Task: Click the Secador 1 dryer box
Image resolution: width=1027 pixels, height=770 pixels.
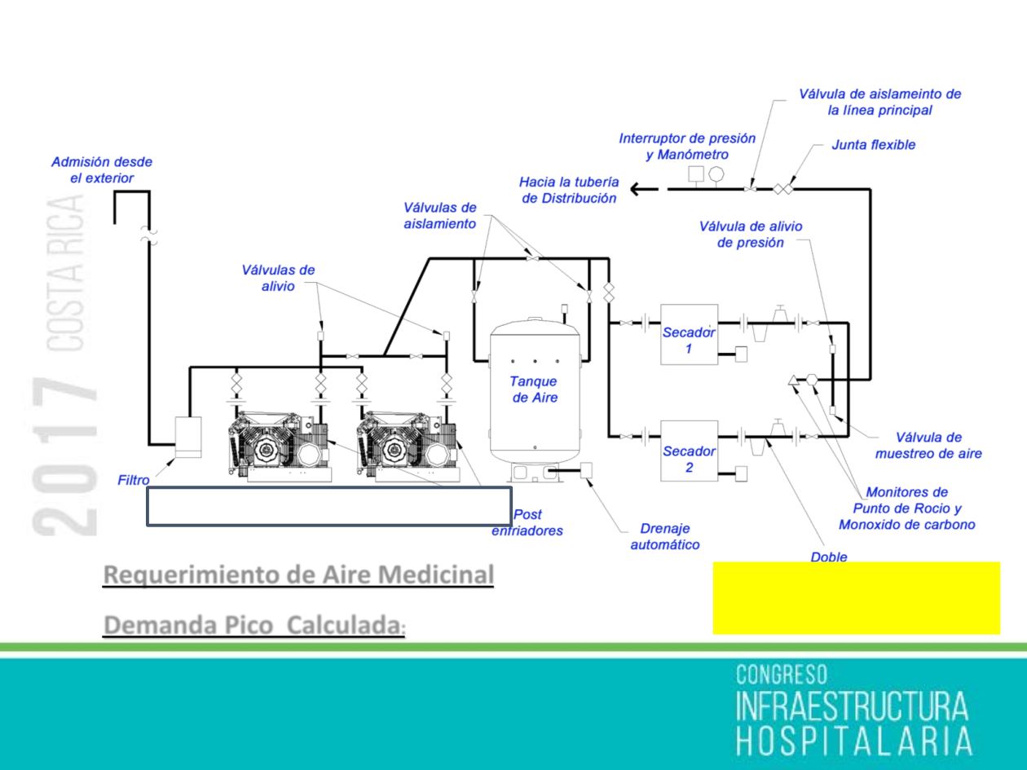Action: [689, 333]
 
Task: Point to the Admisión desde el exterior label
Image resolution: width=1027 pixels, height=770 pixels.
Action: [102, 169]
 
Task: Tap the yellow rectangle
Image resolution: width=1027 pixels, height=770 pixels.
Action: [856, 597]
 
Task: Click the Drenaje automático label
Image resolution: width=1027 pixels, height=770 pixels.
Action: [665, 536]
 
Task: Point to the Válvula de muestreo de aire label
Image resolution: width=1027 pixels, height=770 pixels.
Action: [928, 447]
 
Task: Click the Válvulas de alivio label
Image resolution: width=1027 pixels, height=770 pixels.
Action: [278, 277]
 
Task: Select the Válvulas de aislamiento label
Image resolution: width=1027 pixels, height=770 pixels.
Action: [440, 215]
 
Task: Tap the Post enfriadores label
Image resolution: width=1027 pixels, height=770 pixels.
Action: [527, 522]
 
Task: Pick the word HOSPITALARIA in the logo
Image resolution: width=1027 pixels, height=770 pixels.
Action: [854, 741]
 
